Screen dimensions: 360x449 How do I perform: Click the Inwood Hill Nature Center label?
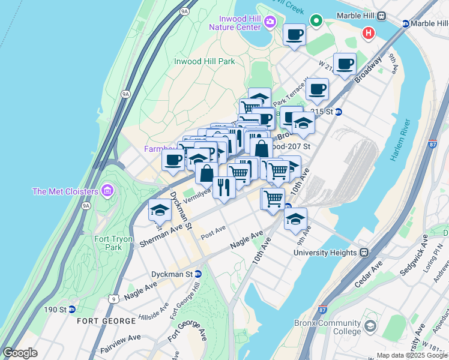point(235,22)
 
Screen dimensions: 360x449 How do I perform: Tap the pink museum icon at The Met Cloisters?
point(107,191)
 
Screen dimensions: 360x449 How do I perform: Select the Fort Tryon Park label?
point(109,243)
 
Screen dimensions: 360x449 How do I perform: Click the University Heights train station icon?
point(364,253)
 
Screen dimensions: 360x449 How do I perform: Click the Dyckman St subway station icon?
point(198,274)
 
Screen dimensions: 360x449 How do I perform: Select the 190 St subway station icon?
point(72,310)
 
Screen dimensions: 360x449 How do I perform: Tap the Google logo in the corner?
point(20,353)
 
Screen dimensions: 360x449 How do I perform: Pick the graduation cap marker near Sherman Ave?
point(160,210)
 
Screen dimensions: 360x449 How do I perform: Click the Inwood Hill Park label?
point(204,61)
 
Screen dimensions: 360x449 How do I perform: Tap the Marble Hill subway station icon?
point(406,23)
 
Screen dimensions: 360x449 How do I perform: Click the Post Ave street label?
point(213,232)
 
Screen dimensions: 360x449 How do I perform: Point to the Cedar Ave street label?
point(367,275)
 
